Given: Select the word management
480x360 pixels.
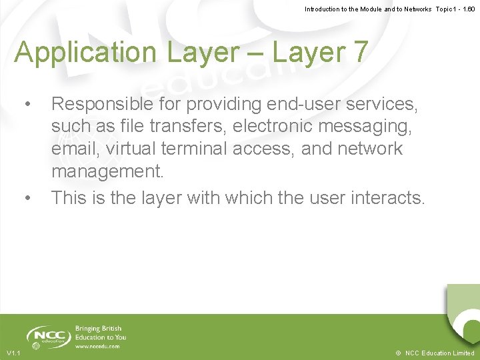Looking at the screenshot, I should (107, 171).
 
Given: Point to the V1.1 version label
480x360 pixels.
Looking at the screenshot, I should (13, 353).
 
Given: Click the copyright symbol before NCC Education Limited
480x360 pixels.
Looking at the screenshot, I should (398, 353).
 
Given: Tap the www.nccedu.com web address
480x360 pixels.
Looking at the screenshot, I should (97, 347).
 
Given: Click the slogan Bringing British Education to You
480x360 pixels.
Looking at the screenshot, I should (100, 333).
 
